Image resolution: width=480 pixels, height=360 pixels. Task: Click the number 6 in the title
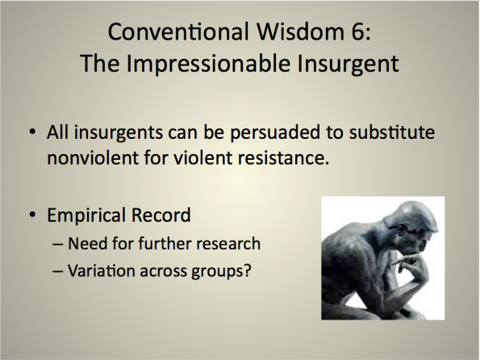pos(358,31)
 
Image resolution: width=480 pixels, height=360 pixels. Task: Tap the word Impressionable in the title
pos(208,64)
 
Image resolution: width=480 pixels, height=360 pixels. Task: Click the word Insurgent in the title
pos(348,65)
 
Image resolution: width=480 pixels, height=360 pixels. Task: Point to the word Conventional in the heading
pos(178,31)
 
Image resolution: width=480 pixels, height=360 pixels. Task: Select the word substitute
pos(392,132)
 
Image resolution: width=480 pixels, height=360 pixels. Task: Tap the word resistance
pos(283,158)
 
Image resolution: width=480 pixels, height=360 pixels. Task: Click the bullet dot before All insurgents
pos(32,133)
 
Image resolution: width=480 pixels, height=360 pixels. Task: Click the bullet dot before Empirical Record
pos(32,215)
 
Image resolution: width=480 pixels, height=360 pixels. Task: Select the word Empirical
pos(86,216)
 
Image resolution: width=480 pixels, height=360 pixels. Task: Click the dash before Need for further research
pos(58,245)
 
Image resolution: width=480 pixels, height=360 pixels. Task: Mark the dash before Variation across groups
pos(58,271)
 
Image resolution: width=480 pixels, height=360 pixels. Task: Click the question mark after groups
pos(247,270)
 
